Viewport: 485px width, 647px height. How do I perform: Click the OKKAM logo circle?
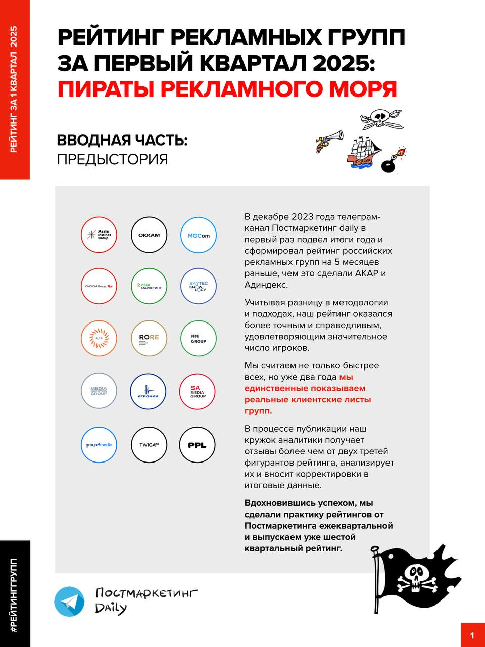click(149, 235)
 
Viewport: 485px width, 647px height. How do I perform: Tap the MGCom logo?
click(199, 235)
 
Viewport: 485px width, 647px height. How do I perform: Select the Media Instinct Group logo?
click(99, 235)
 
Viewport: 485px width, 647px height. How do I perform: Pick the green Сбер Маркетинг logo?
click(149, 286)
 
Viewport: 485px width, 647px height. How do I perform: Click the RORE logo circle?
click(149, 338)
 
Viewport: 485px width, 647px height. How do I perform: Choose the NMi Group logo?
click(199, 338)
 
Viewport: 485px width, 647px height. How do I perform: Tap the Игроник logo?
click(149, 391)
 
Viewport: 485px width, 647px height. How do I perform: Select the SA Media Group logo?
click(198, 391)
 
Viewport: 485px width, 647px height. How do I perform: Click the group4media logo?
click(99, 445)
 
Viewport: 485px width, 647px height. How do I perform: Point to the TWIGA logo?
click(149, 445)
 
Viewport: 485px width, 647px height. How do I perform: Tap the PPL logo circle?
click(198, 445)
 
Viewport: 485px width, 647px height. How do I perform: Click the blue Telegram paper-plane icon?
click(69, 602)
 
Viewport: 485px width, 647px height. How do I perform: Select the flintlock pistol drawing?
click(328, 141)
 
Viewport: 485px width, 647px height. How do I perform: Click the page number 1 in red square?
click(472, 635)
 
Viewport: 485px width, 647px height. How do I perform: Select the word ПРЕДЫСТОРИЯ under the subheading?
click(112, 159)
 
